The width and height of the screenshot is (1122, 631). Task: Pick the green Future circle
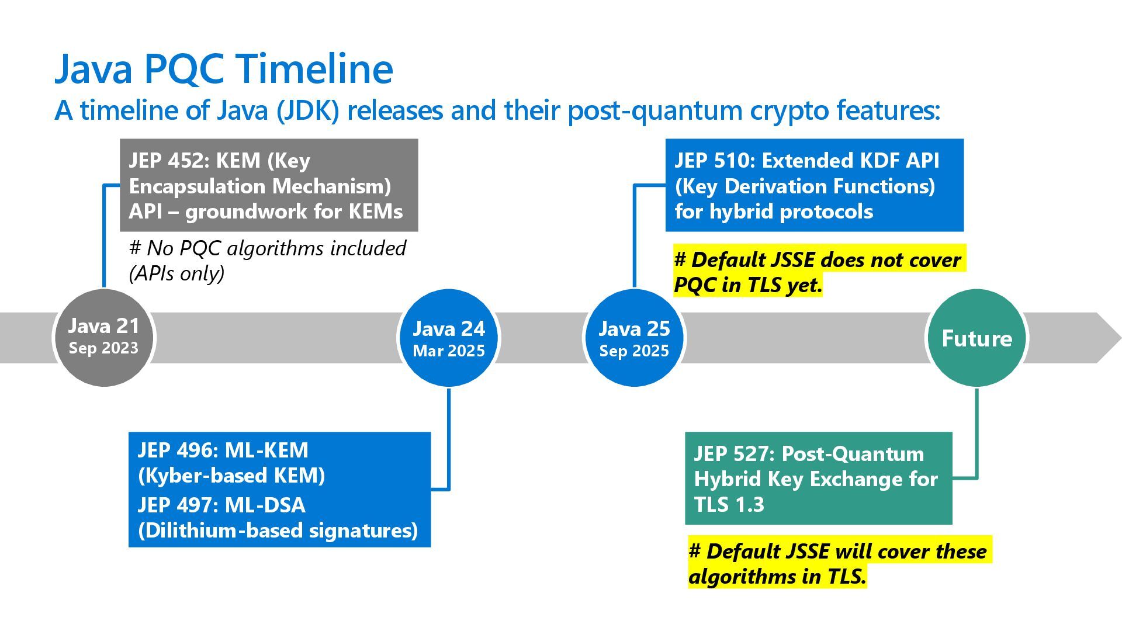click(976, 338)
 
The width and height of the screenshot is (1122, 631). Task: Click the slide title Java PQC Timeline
click(223, 68)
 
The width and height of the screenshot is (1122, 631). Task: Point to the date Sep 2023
click(103, 348)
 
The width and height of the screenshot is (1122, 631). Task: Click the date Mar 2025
click(448, 351)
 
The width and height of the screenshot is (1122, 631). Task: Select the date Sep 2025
click(634, 351)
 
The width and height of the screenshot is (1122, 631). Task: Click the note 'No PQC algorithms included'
click(267, 249)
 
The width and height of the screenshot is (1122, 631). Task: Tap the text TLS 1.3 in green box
click(729, 504)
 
